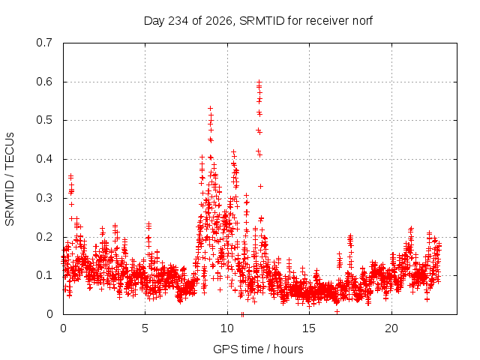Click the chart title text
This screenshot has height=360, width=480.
(258, 21)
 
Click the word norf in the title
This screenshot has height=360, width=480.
(362, 21)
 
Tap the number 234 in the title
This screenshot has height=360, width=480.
(178, 21)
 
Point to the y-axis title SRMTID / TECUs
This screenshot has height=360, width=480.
(10, 179)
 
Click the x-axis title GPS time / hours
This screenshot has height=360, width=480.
(258, 349)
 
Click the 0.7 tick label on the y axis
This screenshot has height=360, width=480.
(44, 43)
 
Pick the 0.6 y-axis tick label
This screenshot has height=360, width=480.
(44, 82)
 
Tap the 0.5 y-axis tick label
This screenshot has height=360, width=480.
(44, 120)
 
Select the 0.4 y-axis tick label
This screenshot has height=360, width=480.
(44, 159)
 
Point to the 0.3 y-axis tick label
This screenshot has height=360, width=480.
(44, 198)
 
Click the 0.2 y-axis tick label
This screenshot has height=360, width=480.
(44, 237)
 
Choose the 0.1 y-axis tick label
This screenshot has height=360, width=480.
(44, 275)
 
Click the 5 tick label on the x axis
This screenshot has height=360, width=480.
(145, 328)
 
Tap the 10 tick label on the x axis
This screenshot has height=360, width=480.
(227, 328)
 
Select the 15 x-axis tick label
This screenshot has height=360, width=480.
(309, 328)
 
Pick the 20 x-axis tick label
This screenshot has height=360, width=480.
(391, 328)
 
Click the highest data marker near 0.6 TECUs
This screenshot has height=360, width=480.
(259, 82)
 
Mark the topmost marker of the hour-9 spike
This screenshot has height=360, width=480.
(210, 108)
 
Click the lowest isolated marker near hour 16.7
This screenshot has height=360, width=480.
(337, 312)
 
